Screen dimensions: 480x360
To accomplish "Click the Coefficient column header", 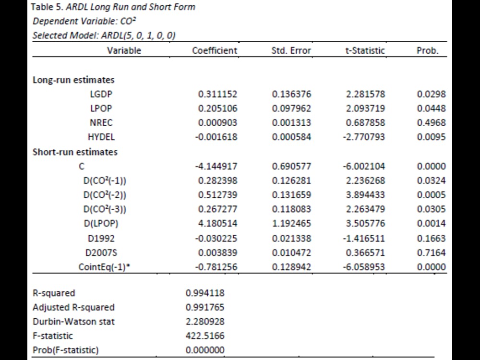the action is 215,50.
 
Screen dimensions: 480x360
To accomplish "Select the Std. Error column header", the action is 291,50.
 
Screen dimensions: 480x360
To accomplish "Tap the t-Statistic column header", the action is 365,50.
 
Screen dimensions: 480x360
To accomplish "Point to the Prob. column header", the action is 427,50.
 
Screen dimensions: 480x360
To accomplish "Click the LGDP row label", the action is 101,94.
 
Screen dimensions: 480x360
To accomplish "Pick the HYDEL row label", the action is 101,137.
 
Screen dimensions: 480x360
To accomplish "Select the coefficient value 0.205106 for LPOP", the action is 217,108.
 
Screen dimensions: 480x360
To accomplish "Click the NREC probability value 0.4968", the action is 432,122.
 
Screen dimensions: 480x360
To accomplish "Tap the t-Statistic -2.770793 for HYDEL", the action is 364,137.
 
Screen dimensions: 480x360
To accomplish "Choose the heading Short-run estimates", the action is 75,152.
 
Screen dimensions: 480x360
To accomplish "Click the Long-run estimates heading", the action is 73,80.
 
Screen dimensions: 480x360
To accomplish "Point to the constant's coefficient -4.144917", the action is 216,166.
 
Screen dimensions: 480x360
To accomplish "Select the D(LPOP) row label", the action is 101,224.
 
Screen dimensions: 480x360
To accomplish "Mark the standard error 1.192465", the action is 291,223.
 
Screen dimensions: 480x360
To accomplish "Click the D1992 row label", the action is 101,238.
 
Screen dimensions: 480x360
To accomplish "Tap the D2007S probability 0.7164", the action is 432,252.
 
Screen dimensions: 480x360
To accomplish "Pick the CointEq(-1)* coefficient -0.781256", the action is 216,267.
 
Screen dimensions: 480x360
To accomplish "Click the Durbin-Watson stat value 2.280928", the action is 205,322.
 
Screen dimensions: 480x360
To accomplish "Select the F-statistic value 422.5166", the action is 205,336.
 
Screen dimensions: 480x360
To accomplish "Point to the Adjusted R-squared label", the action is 73,307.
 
